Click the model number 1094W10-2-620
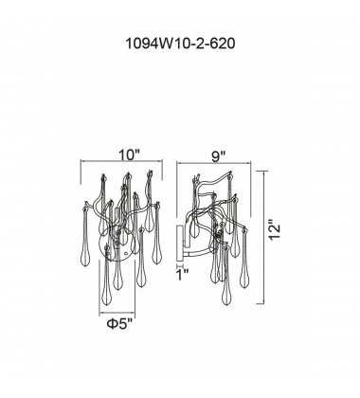(180, 44)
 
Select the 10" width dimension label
(129, 155)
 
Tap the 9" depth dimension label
(218, 156)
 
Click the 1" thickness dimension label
(182, 275)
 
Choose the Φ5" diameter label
(119, 323)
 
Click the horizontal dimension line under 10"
(122, 161)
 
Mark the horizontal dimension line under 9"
(214, 163)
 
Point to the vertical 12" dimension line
(263, 237)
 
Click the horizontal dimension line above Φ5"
(117, 313)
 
